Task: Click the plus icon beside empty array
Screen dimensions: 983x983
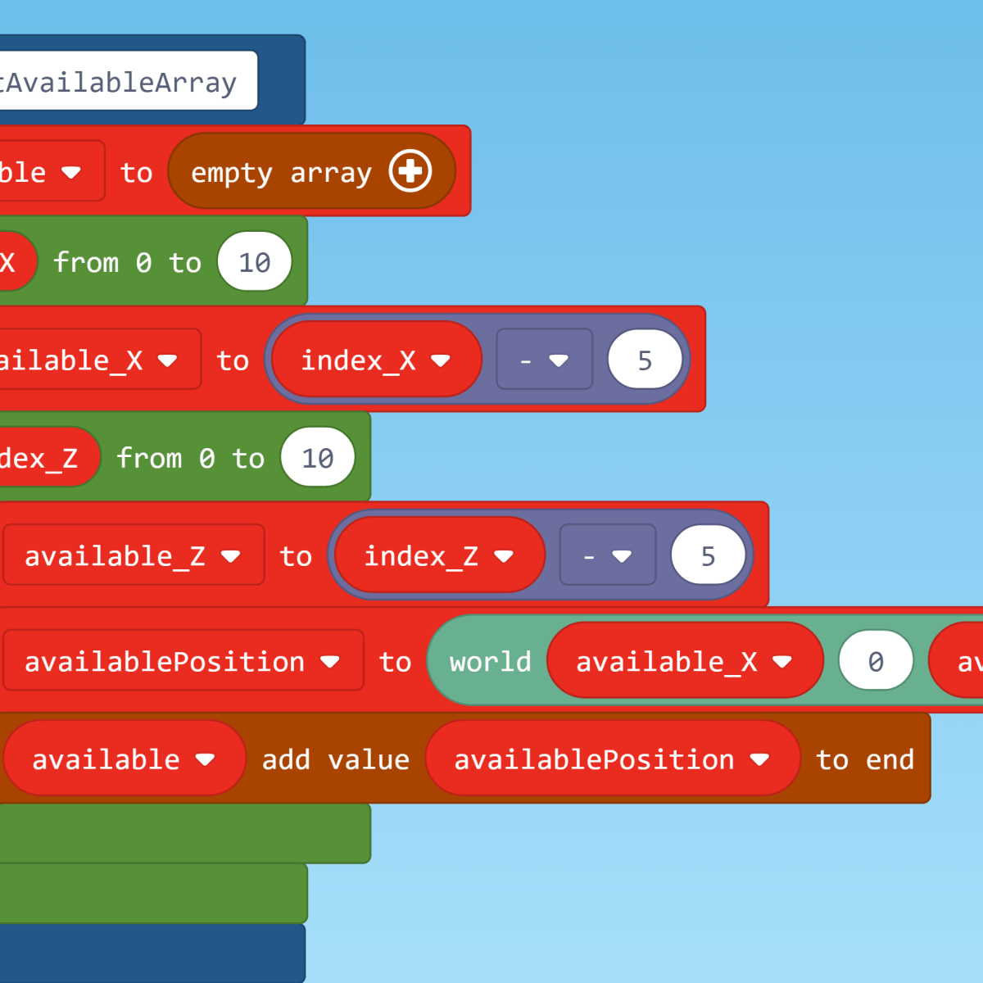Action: tap(410, 171)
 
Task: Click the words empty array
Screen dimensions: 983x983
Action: tap(281, 173)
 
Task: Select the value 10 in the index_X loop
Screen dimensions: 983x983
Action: tap(255, 262)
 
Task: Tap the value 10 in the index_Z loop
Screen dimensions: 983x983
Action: tap(318, 458)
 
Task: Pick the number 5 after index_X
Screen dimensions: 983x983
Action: tap(645, 360)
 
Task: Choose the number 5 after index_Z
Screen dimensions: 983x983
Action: tap(708, 556)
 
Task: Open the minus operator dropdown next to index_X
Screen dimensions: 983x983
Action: tap(544, 360)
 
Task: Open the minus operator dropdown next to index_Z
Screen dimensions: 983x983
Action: tap(607, 556)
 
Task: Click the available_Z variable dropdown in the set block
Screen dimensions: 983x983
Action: tap(133, 556)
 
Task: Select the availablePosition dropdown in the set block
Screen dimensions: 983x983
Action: tap(182, 661)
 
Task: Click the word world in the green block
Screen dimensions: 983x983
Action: tap(490, 661)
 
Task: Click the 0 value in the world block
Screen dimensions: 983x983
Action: tap(876, 661)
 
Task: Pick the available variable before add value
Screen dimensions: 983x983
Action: tap(123, 759)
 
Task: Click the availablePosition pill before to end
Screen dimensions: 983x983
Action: tap(611, 759)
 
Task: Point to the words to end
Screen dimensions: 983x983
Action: tap(864, 759)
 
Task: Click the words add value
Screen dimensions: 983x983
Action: tap(335, 759)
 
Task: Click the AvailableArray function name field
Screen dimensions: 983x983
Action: tap(123, 81)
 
